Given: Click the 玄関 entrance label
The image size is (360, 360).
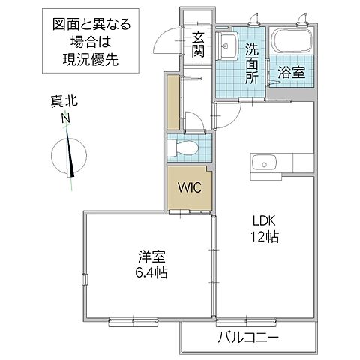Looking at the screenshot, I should coord(198,44).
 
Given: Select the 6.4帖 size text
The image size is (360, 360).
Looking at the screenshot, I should coord(150,271).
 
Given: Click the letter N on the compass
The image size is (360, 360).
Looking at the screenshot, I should coord(66,118).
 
